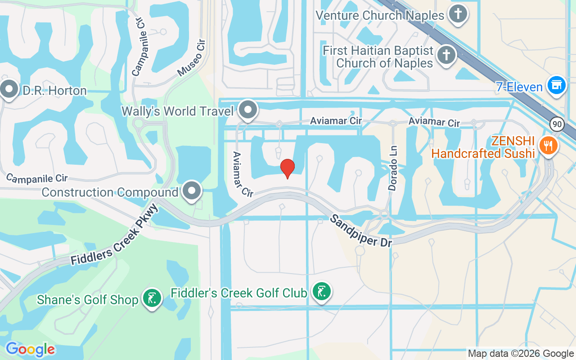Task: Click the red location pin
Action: [288, 168]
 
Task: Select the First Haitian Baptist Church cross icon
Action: [446, 55]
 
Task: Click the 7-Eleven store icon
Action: [557, 85]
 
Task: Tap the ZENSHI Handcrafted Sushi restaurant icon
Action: [548, 145]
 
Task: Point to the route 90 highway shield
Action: [557, 124]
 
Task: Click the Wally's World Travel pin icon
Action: [247, 109]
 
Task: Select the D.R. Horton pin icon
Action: [9, 89]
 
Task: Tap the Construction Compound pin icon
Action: [192, 191]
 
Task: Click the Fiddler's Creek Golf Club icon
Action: [321, 291]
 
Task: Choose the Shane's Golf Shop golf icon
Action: [152, 298]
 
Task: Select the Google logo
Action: [30, 349]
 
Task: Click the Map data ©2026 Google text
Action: [521, 354]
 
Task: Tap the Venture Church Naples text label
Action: [380, 15]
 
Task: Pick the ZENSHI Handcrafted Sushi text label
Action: [483, 147]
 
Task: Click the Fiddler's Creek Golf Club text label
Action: [238, 293]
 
